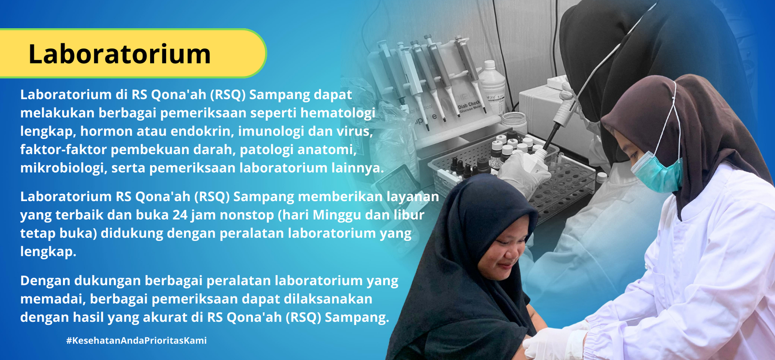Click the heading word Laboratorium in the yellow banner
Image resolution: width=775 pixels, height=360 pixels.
[119, 54]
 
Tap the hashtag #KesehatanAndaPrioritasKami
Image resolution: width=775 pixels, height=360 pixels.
[137, 341]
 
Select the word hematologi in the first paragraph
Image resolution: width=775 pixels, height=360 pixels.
[338, 113]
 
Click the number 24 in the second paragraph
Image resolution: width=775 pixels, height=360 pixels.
[180, 215]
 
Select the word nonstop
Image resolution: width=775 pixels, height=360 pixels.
[247, 216]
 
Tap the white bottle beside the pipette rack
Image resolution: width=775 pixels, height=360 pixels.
[492, 87]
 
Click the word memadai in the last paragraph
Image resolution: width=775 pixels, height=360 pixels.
[53, 299]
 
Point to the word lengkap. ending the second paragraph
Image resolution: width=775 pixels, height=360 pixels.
[48, 252]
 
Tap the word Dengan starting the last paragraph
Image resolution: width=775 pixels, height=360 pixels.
[45, 281]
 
